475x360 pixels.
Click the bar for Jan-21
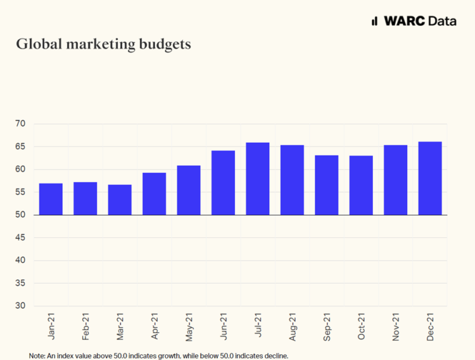51,199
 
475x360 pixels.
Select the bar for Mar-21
120,200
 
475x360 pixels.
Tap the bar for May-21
189,190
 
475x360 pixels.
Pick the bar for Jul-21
258,179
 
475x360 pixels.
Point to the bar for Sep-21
327,185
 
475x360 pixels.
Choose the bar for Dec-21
430,178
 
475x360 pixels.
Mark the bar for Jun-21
223,183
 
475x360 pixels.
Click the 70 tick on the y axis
20,124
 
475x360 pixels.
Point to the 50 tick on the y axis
20,215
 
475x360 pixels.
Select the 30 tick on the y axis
20,306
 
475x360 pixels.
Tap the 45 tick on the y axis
20,238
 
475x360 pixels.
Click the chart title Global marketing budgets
103,45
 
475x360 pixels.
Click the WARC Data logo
413,21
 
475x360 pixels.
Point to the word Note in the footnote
37,356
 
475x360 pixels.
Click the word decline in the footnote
276,356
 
